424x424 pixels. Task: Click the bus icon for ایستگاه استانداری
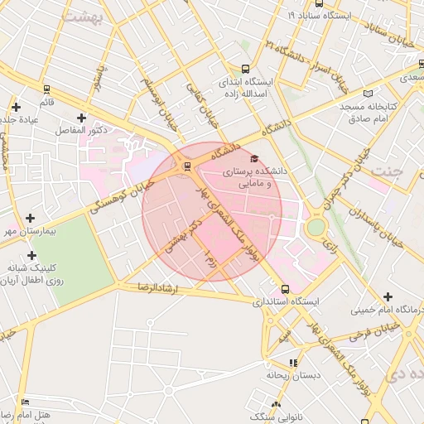(x=286, y=289)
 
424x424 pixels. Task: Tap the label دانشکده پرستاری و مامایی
(x=261, y=176)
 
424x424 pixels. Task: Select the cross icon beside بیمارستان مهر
(x=31, y=217)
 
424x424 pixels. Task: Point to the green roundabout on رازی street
(x=316, y=226)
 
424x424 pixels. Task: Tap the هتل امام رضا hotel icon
(x=25, y=402)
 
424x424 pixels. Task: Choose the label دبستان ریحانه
(x=293, y=375)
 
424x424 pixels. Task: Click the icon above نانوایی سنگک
(x=276, y=404)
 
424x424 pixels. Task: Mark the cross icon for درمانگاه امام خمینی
(x=388, y=296)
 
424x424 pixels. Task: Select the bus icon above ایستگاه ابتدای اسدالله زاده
(x=244, y=69)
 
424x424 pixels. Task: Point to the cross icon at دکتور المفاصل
(x=80, y=118)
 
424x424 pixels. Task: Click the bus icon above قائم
(x=46, y=89)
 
